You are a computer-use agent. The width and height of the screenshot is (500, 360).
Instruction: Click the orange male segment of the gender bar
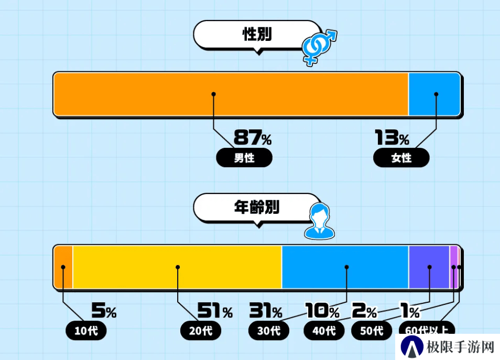(231, 94)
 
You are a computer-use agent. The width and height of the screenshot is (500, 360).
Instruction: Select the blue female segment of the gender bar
(434, 94)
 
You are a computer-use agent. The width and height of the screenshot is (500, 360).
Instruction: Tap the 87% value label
(253, 137)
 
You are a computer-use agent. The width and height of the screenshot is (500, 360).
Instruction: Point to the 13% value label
(392, 137)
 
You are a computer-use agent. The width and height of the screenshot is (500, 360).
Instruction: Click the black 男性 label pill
(244, 158)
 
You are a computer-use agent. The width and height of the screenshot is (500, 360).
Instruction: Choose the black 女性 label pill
(401, 158)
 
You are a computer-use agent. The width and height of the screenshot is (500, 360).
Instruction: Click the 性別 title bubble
(257, 35)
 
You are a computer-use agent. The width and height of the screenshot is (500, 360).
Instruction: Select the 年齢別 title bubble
(257, 208)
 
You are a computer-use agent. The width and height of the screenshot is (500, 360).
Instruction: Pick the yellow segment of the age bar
(177, 267)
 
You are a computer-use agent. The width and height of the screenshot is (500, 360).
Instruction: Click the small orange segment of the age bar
(63, 267)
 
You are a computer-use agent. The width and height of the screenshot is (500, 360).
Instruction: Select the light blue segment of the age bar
(345, 267)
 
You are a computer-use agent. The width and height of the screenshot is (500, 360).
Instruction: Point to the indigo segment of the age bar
(429, 267)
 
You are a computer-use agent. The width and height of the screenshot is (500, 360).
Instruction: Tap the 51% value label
(215, 310)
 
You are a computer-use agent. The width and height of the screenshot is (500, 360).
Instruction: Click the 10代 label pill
(86, 330)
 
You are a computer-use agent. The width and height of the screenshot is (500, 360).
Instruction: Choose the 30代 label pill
(269, 330)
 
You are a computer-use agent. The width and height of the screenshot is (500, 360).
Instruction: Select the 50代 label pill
(372, 330)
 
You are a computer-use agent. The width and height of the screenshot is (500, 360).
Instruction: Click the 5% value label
(104, 310)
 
